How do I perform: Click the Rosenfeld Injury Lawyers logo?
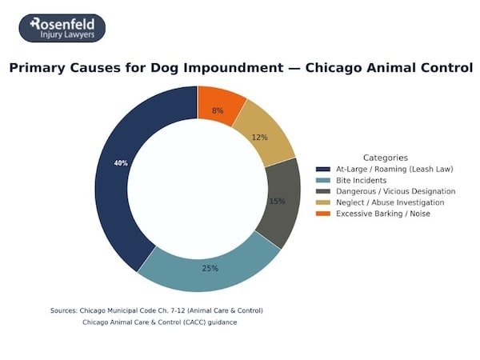tap(62, 28)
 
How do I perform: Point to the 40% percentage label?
tap(121, 163)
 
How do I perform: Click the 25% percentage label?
tap(210, 268)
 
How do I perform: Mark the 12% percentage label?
tap(259, 138)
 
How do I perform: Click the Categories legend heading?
tap(385, 158)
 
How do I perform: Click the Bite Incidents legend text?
tap(362, 181)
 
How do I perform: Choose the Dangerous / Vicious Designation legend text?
tap(395, 192)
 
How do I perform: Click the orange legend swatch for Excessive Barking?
tap(323, 214)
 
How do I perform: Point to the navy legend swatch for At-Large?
tap(323, 170)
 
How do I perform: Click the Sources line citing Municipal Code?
tap(156, 310)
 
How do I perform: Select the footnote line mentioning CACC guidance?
tap(160, 322)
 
